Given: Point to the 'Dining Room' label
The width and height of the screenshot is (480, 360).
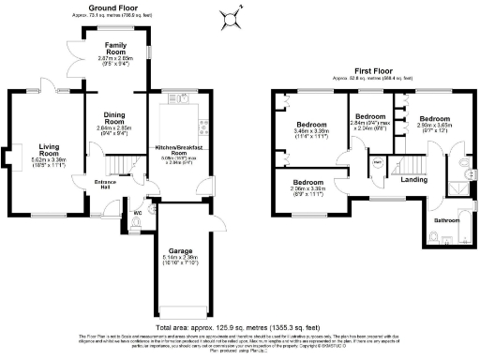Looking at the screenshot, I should pos(114,119).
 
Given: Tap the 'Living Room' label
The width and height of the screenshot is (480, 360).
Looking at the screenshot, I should pos(49,150).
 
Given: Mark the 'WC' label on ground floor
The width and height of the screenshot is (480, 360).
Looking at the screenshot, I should pos(137,213).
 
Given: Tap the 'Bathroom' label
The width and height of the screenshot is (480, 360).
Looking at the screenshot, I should pos(445,221).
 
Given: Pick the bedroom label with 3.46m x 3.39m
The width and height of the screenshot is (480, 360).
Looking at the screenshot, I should pos(312,125).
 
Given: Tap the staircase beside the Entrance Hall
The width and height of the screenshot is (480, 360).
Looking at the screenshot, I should pos(113,167).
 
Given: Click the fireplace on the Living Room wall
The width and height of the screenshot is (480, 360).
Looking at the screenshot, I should pos(11,153).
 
